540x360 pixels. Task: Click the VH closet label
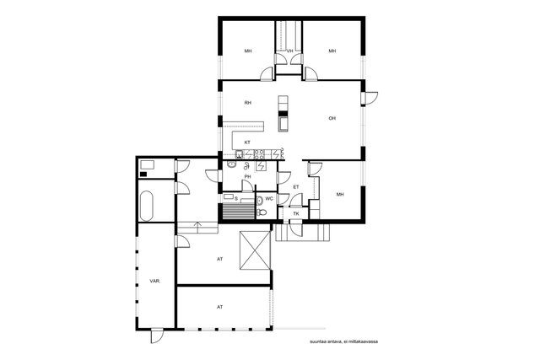[290, 51]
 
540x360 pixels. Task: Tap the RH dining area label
[247, 103]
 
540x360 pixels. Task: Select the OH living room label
[332, 118]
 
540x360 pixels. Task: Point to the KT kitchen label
[247, 142]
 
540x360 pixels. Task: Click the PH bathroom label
[247, 176]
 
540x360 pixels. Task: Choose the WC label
[269, 199]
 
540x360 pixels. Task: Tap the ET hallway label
[296, 187]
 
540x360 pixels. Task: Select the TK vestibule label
[296, 214]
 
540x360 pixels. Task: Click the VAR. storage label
[155, 282]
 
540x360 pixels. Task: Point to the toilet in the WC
[262, 212]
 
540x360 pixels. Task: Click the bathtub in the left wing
[146, 206]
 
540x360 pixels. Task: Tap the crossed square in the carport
[255, 250]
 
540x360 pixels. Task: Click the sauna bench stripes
[239, 211]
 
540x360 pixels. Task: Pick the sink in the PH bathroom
[232, 165]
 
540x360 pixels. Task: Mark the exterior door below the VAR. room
[157, 336]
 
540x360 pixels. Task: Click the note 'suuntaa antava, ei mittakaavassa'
[343, 341]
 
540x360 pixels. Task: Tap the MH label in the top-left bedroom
[248, 51]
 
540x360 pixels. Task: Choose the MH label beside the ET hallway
[340, 195]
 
